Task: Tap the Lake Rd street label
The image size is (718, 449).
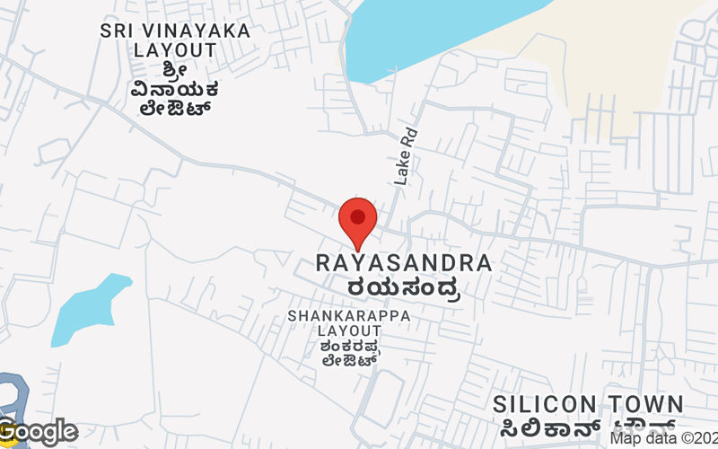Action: (407, 157)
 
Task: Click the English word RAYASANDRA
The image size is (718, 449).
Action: (404, 264)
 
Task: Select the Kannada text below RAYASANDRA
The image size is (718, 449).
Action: (404, 288)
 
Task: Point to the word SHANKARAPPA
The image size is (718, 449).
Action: (349, 317)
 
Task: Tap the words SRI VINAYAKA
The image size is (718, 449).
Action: (175, 31)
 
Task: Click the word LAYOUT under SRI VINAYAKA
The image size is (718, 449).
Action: (175, 50)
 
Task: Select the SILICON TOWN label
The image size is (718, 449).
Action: (588, 404)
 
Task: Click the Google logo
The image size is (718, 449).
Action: (39, 432)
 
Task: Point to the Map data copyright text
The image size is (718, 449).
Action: (664, 438)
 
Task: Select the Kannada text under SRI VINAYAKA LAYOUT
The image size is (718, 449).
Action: (175, 90)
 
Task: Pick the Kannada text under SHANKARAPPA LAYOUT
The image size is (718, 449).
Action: (349, 353)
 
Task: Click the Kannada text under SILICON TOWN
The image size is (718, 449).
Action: (588, 427)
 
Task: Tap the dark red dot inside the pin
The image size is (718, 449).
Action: (358, 216)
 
